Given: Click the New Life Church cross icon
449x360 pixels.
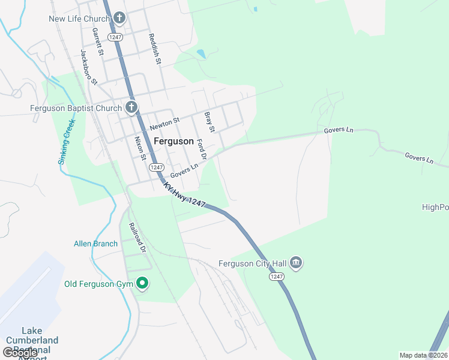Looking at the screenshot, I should [x=119, y=18].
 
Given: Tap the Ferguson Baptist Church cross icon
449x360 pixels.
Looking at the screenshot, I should [x=132, y=108].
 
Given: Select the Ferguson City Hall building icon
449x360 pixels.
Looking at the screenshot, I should [x=295, y=263].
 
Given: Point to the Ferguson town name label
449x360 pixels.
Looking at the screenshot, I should [x=173, y=142].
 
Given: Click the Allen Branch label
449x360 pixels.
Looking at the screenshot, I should [x=95, y=244].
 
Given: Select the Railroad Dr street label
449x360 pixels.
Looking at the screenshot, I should [x=137, y=238].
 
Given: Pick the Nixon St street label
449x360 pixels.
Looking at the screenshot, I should [x=140, y=148].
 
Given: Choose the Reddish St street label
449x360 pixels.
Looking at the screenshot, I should [x=155, y=49].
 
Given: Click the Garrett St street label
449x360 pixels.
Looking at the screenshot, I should [x=98, y=43].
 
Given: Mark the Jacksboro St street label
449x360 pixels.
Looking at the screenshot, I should [x=88, y=66].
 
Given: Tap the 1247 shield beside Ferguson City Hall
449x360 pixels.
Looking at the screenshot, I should [x=276, y=276].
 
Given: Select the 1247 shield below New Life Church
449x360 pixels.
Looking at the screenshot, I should [x=115, y=37].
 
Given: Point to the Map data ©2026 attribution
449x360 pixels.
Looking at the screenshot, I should [x=423, y=355].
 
